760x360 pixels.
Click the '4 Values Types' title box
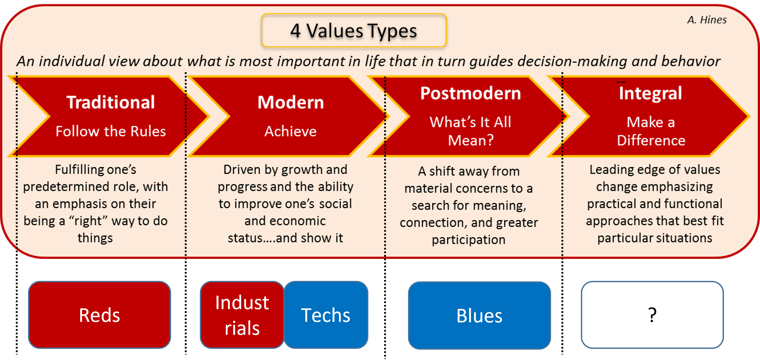pos(354,30)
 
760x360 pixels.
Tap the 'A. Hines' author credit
pos(707,20)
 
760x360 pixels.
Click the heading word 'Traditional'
pos(111,102)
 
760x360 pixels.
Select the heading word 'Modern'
pos(291,102)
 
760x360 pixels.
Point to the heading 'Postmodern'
pos(471,93)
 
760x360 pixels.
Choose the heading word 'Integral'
pos(650,93)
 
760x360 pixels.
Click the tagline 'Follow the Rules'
pos(111,131)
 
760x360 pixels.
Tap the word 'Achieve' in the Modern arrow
pos(291,131)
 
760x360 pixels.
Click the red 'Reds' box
pos(99,315)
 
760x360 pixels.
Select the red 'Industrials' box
pos(242,315)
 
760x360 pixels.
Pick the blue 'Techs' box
pos(326,315)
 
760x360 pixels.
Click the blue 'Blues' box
pos(479,315)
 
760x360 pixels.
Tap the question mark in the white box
pos(652,315)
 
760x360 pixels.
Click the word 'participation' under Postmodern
pos(469,240)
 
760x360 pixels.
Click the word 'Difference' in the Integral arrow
pos(651,140)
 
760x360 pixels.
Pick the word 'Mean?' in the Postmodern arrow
pos(471,140)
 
